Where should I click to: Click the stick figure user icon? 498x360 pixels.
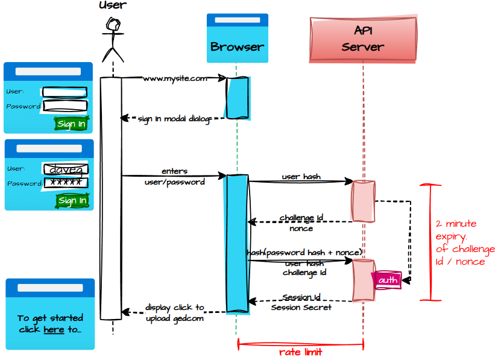click(x=112, y=39)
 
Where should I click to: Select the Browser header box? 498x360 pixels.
click(x=237, y=39)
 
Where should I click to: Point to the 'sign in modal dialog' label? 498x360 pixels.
click(x=174, y=119)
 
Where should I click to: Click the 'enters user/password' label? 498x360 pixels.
click(x=175, y=177)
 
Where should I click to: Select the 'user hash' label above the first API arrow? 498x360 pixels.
click(x=301, y=177)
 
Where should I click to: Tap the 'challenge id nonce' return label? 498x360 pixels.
click(x=301, y=223)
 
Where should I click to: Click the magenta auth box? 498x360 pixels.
click(x=388, y=280)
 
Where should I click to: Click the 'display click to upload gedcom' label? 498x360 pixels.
click(x=175, y=312)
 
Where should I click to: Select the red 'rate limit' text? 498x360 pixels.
click(x=300, y=352)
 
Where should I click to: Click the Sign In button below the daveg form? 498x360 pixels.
click(x=72, y=200)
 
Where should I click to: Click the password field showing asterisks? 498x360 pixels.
click(x=66, y=183)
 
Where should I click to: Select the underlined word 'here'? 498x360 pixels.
click(x=54, y=329)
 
